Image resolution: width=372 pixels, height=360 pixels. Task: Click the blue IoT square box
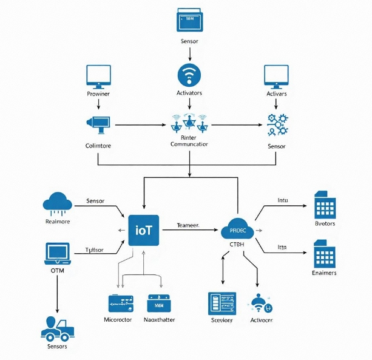(143, 230)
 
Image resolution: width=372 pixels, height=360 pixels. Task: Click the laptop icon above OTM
(58, 254)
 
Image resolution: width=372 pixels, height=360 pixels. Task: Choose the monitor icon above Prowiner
(98, 75)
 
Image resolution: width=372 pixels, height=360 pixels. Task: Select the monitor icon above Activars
(276, 75)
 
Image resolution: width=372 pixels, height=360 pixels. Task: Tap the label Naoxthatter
(160, 319)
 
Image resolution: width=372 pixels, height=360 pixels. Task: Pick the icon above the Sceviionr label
(222, 303)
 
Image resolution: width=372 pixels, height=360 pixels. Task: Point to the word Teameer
(188, 225)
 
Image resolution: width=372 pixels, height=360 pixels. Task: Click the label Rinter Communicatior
(189, 141)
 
